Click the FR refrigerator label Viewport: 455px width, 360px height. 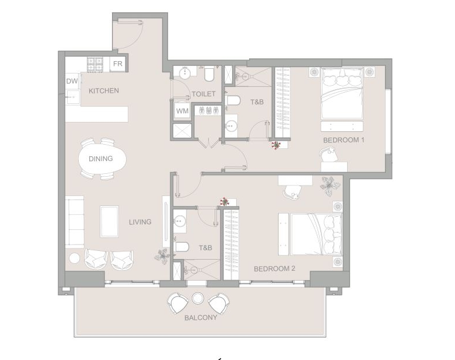117,64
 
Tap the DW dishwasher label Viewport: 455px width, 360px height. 72,81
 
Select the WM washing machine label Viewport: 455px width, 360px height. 182,111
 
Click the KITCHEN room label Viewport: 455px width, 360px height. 104,90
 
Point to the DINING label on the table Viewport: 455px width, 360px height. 101,159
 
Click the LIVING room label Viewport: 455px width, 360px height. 140,222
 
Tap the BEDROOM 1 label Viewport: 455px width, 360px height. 344,140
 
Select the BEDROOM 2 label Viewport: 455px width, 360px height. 275,268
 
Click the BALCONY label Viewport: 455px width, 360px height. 201,317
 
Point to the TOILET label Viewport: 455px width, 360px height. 204,94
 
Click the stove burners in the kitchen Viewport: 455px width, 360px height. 95,64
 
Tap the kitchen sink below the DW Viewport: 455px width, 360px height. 72,96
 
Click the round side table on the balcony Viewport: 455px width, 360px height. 197,298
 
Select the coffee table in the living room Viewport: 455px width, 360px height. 110,222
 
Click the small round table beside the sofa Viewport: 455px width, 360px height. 75,258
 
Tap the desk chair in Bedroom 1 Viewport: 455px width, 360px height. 329,154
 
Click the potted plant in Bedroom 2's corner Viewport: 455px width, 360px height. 330,186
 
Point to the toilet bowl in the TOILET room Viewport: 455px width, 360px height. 209,74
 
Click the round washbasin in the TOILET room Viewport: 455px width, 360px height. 184,73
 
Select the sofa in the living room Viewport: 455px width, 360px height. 75,222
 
